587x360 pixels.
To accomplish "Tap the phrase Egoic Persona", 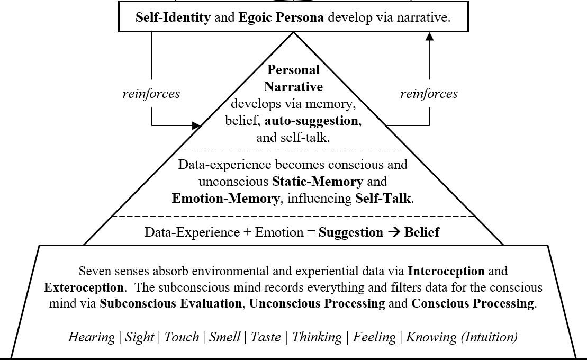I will click(282, 17).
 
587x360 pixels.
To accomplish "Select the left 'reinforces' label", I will click(151, 94).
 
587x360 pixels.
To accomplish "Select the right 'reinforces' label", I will click(429, 94).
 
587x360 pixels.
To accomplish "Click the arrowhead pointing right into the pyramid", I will click(196, 125).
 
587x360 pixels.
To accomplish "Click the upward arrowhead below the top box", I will click(429, 37).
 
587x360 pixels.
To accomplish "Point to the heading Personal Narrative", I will click(293, 78).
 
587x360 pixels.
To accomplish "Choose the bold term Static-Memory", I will click(318, 182).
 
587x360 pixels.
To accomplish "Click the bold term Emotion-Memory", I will click(225, 199).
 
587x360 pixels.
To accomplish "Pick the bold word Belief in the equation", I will click(422, 232).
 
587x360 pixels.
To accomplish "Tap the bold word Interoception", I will click(446, 271).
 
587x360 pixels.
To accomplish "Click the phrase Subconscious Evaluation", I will click(171, 304).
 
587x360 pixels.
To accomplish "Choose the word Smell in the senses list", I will click(223, 337).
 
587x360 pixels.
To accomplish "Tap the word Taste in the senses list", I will click(266, 337).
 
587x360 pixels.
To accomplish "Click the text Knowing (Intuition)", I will click(462, 337).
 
